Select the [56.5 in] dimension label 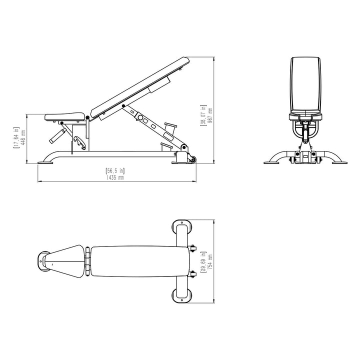tap(115, 171)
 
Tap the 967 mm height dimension tap(210, 116)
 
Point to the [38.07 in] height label tap(203, 116)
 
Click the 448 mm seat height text tap(23, 137)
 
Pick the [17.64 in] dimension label tap(16, 137)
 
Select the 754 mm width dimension tap(210, 260)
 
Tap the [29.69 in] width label tap(203, 260)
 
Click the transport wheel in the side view tap(191, 159)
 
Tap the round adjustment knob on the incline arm tap(141, 118)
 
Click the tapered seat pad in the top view tap(67, 260)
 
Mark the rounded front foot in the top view tap(44, 260)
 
